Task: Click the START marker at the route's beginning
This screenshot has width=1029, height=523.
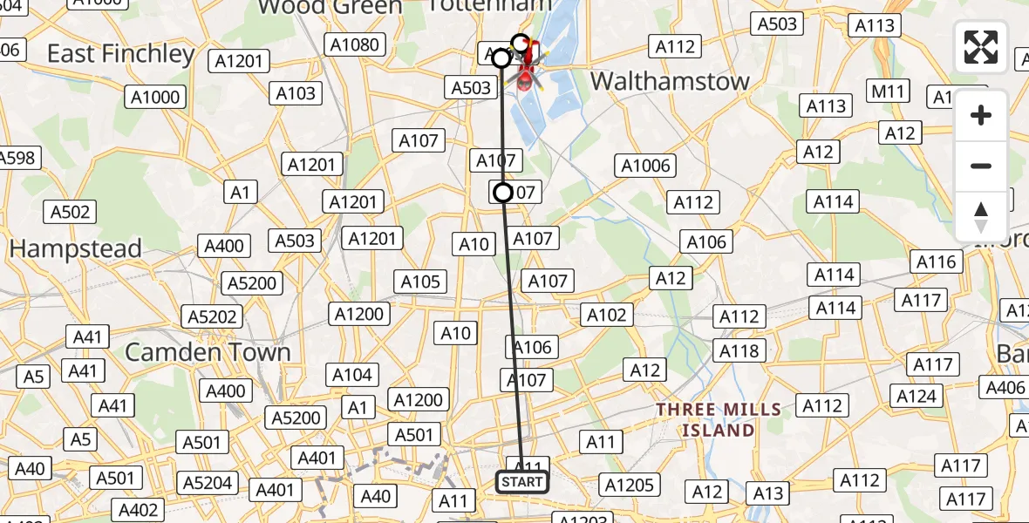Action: [x=522, y=481]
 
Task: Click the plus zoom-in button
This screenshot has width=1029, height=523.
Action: [x=981, y=116]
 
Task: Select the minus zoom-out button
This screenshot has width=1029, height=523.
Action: [x=981, y=166]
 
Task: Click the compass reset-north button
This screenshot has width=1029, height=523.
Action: [x=981, y=216]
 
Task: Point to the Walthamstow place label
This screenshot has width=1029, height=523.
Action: [x=670, y=82]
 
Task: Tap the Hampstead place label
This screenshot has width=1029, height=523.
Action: [x=75, y=249]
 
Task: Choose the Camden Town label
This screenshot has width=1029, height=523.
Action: [x=208, y=352]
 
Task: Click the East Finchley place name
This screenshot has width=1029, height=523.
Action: [x=120, y=54]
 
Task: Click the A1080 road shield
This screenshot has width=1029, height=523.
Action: [x=351, y=44]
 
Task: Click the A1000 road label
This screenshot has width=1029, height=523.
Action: [x=154, y=97]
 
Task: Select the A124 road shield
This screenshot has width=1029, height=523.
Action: [x=916, y=397]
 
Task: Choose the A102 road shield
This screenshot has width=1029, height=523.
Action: [x=607, y=315]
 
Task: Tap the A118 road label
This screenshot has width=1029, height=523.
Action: [x=739, y=350]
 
